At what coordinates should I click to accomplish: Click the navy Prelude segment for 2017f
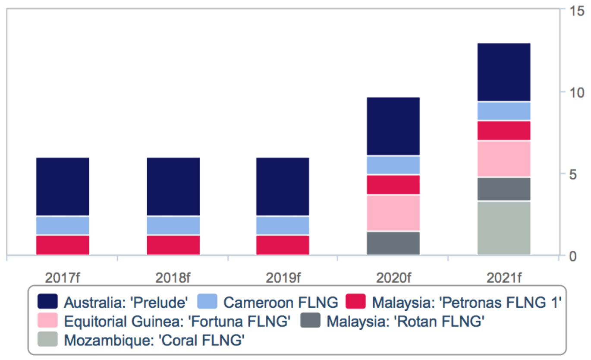pos(63,186)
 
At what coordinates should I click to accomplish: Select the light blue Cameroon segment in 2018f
pos(173,225)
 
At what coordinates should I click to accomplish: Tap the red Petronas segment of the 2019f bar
pos(283,245)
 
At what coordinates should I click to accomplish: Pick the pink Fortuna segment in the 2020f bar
pos(393,213)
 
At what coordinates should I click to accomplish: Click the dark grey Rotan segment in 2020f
pos(393,243)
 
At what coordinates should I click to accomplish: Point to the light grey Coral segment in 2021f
pos(504,228)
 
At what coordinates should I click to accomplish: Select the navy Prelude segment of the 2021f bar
pos(504,72)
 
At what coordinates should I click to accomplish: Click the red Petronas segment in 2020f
pos(393,185)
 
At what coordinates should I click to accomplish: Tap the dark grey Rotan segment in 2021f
pos(504,189)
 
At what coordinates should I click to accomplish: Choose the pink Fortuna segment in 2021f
pos(504,159)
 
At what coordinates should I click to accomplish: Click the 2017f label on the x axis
pos(63,277)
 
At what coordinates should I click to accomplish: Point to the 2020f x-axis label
pos(393,277)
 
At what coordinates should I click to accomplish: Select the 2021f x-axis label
pos(504,277)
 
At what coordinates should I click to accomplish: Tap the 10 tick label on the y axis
pos(572,92)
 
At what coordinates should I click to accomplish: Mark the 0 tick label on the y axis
pos(572,256)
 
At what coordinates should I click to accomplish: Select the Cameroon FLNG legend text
pos(280,302)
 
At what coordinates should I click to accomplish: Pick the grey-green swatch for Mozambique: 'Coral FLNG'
pos(48,340)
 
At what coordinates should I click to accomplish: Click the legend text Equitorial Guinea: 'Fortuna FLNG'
pos(176,321)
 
